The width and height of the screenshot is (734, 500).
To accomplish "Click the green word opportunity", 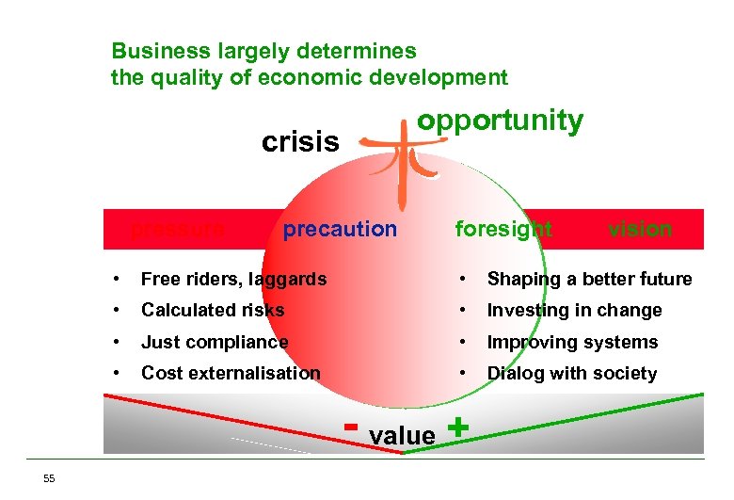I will click(x=500, y=121).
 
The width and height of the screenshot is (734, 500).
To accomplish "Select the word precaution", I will click(x=340, y=229).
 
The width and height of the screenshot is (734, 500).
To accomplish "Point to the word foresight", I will click(x=503, y=229).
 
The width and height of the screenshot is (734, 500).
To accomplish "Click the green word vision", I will click(x=640, y=229).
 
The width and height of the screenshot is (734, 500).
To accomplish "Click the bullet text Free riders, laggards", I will click(x=233, y=279).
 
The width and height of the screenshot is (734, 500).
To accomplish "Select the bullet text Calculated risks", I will click(x=213, y=310).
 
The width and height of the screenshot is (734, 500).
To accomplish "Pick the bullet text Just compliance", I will click(x=215, y=342).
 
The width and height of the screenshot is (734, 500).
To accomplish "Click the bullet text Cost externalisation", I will click(x=231, y=373).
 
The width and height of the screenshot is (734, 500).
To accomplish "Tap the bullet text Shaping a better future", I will click(x=589, y=279).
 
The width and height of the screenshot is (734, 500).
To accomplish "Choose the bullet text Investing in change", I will click(x=574, y=310).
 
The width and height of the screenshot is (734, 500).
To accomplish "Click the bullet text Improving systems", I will click(x=572, y=342).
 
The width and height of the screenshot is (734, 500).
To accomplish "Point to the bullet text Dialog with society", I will click(x=571, y=373).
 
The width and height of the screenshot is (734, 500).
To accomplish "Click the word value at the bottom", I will click(x=403, y=435).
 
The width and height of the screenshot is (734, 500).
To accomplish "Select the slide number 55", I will click(x=49, y=479).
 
